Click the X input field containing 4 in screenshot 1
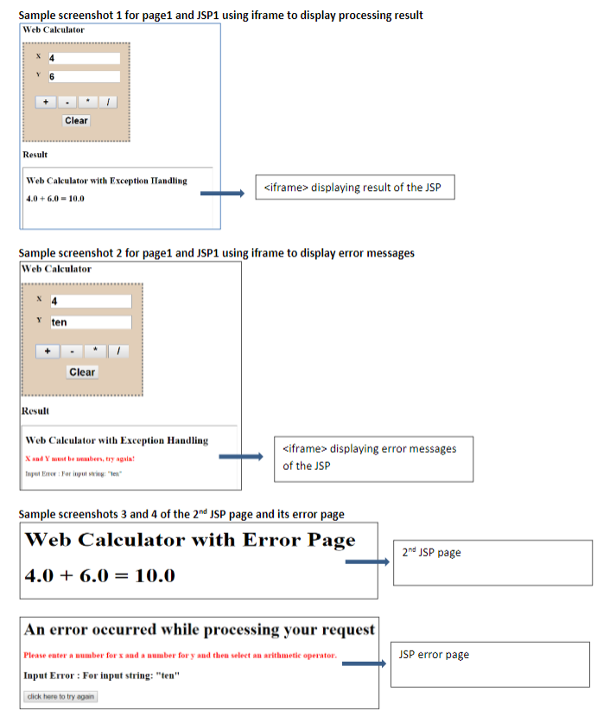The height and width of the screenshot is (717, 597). click(x=83, y=59)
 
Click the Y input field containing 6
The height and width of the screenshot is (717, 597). click(x=83, y=77)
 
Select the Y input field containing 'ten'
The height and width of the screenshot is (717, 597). click(x=90, y=322)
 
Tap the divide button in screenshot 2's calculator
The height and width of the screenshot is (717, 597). click(x=118, y=352)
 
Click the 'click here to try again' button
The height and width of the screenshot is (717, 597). click(x=60, y=696)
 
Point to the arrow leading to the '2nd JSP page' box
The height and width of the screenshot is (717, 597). click(x=367, y=562)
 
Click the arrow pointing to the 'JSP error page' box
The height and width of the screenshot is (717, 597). click(x=363, y=664)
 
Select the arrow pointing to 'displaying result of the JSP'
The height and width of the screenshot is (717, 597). click(x=223, y=194)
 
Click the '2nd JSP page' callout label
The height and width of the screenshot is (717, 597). click(x=432, y=553)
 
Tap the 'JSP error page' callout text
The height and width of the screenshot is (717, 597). click(x=434, y=655)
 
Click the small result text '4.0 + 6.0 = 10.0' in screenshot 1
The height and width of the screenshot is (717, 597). click(x=55, y=199)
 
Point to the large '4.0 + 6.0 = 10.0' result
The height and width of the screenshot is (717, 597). click(x=100, y=575)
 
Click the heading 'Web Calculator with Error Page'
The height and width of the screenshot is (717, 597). click(x=190, y=541)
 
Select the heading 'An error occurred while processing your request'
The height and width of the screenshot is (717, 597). click(x=200, y=629)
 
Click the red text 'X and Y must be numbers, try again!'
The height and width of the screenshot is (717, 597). click(x=80, y=459)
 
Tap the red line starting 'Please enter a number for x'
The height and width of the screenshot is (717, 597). click(x=180, y=656)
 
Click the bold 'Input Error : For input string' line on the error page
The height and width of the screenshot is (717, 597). click(x=101, y=676)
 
